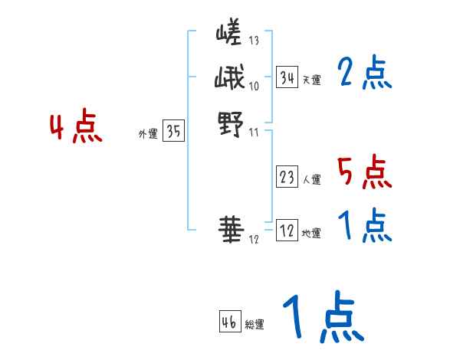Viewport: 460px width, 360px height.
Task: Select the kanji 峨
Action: [228, 79]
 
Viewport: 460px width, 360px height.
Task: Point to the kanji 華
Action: [228, 228]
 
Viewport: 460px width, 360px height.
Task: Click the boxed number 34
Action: [287, 77]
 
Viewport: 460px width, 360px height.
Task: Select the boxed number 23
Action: [287, 178]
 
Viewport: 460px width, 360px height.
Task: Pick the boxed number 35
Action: [173, 132]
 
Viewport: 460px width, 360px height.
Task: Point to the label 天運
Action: [311, 80]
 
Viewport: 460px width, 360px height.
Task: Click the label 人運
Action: [311, 181]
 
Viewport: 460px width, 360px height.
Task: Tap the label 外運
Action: [148, 134]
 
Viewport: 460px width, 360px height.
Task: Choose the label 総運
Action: [255, 325]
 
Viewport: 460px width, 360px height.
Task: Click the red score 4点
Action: [75, 128]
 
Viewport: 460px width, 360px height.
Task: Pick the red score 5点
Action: [364, 172]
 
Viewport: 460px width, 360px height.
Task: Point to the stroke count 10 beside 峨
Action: [255, 85]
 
